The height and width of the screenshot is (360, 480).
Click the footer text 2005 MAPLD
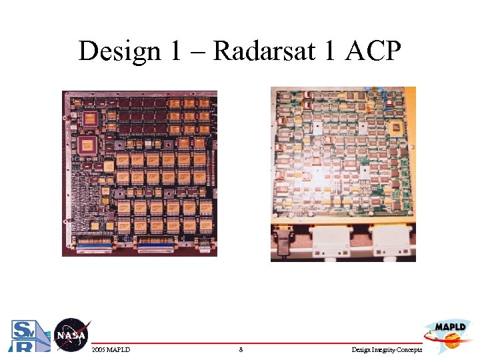pyautogui.click(x=111, y=349)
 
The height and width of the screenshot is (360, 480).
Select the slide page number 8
pyautogui.click(x=241, y=349)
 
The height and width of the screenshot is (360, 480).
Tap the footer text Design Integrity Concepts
pyautogui.click(x=386, y=349)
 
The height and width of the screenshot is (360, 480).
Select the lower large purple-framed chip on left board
pyautogui.click(x=87, y=146)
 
